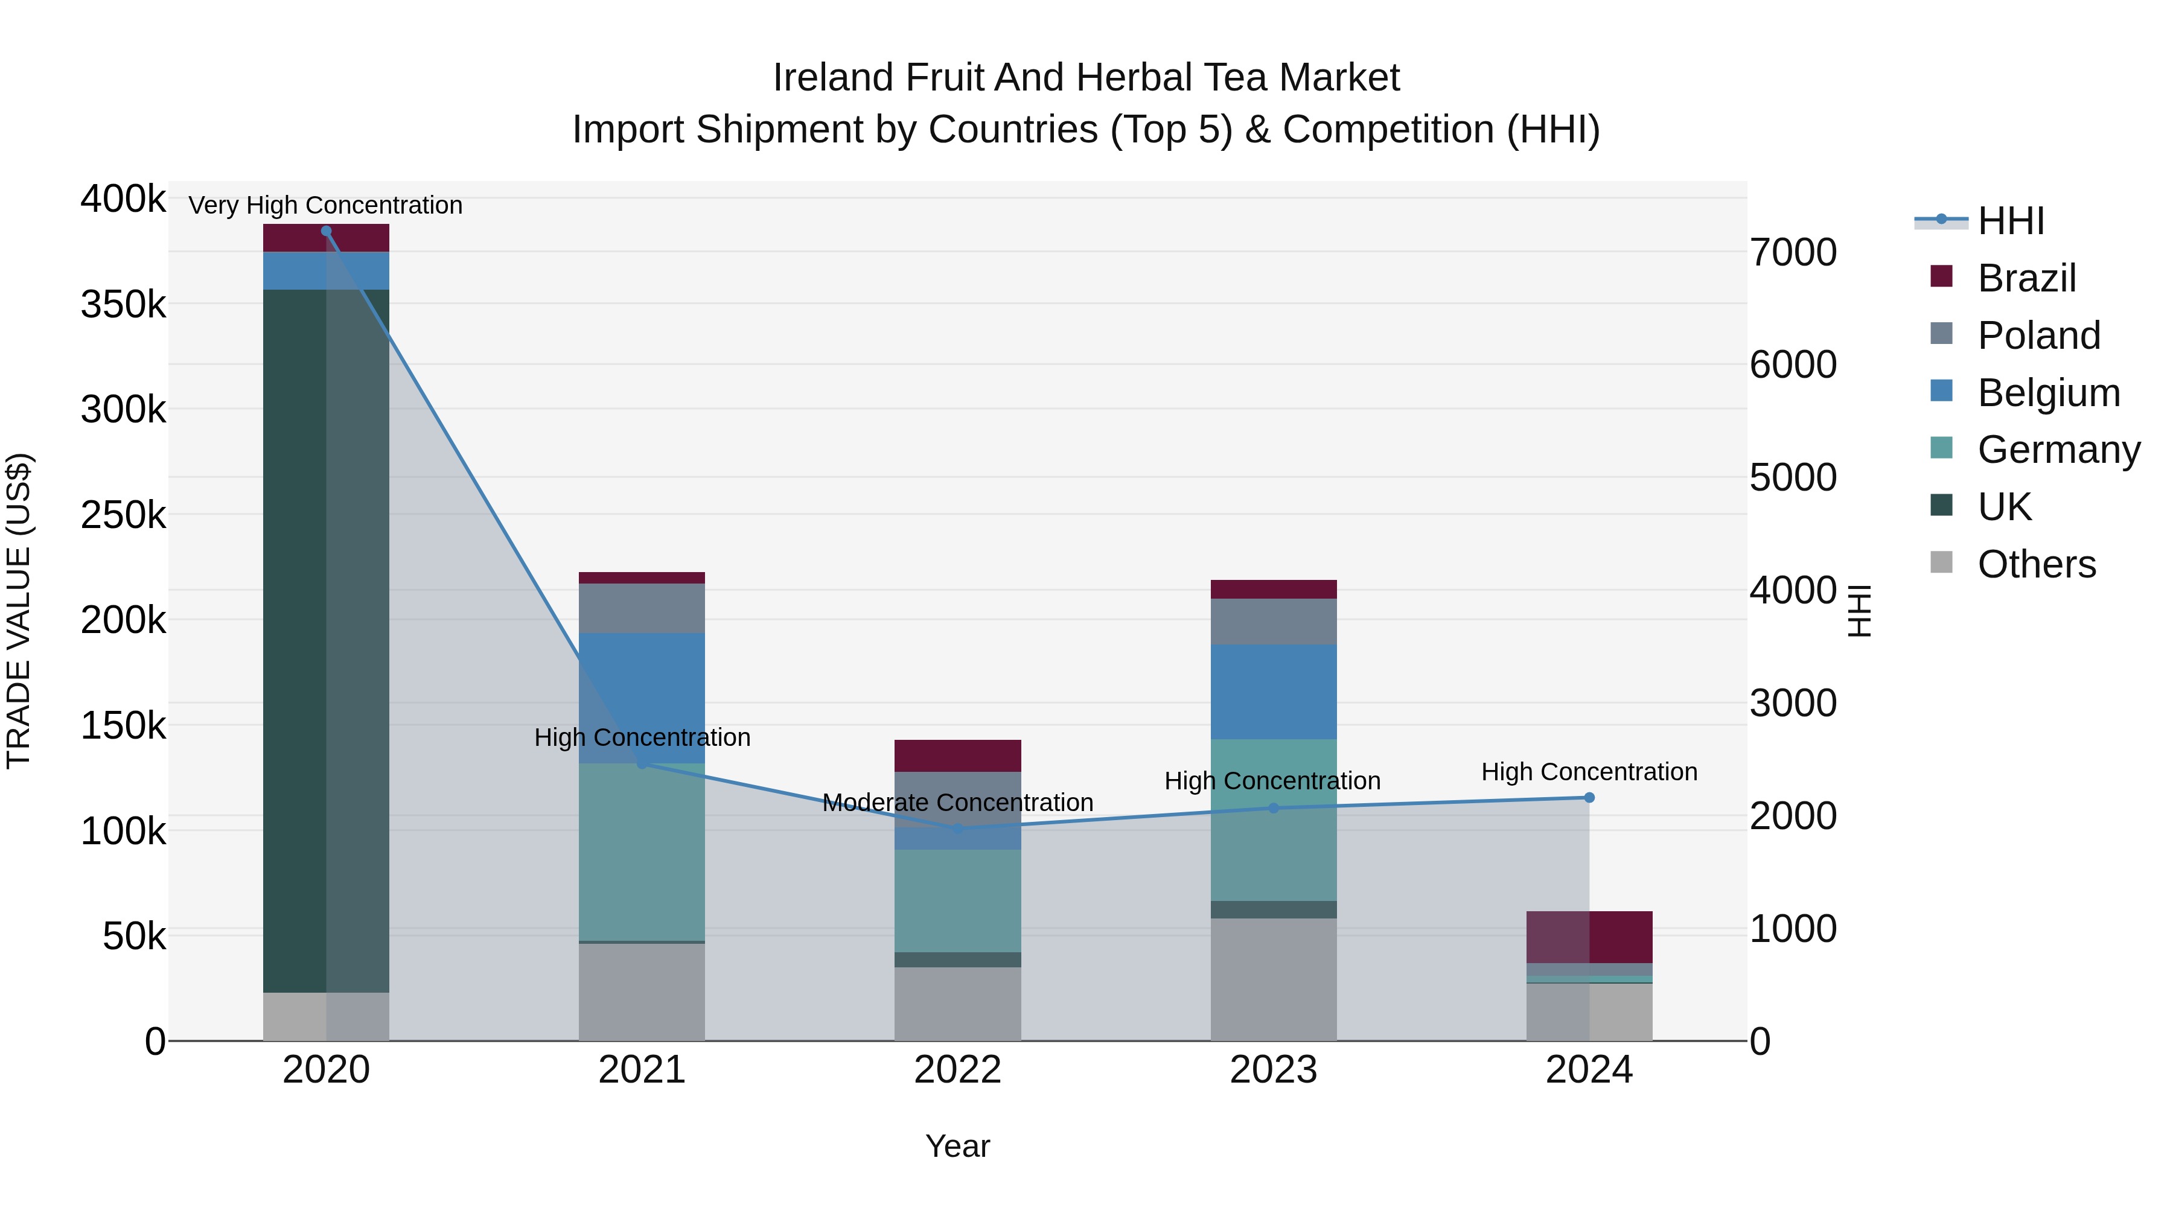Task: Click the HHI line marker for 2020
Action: tap(327, 231)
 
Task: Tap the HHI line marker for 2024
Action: tap(1589, 798)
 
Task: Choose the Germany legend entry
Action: tap(2058, 450)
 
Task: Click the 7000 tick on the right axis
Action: tap(1793, 252)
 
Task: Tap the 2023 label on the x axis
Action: tap(1273, 1070)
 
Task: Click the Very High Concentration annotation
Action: tap(325, 206)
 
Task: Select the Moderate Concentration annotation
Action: tap(957, 802)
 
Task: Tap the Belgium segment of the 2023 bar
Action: tap(1273, 692)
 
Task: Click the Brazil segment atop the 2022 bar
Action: tap(957, 756)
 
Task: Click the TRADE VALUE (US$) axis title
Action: tap(19, 611)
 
